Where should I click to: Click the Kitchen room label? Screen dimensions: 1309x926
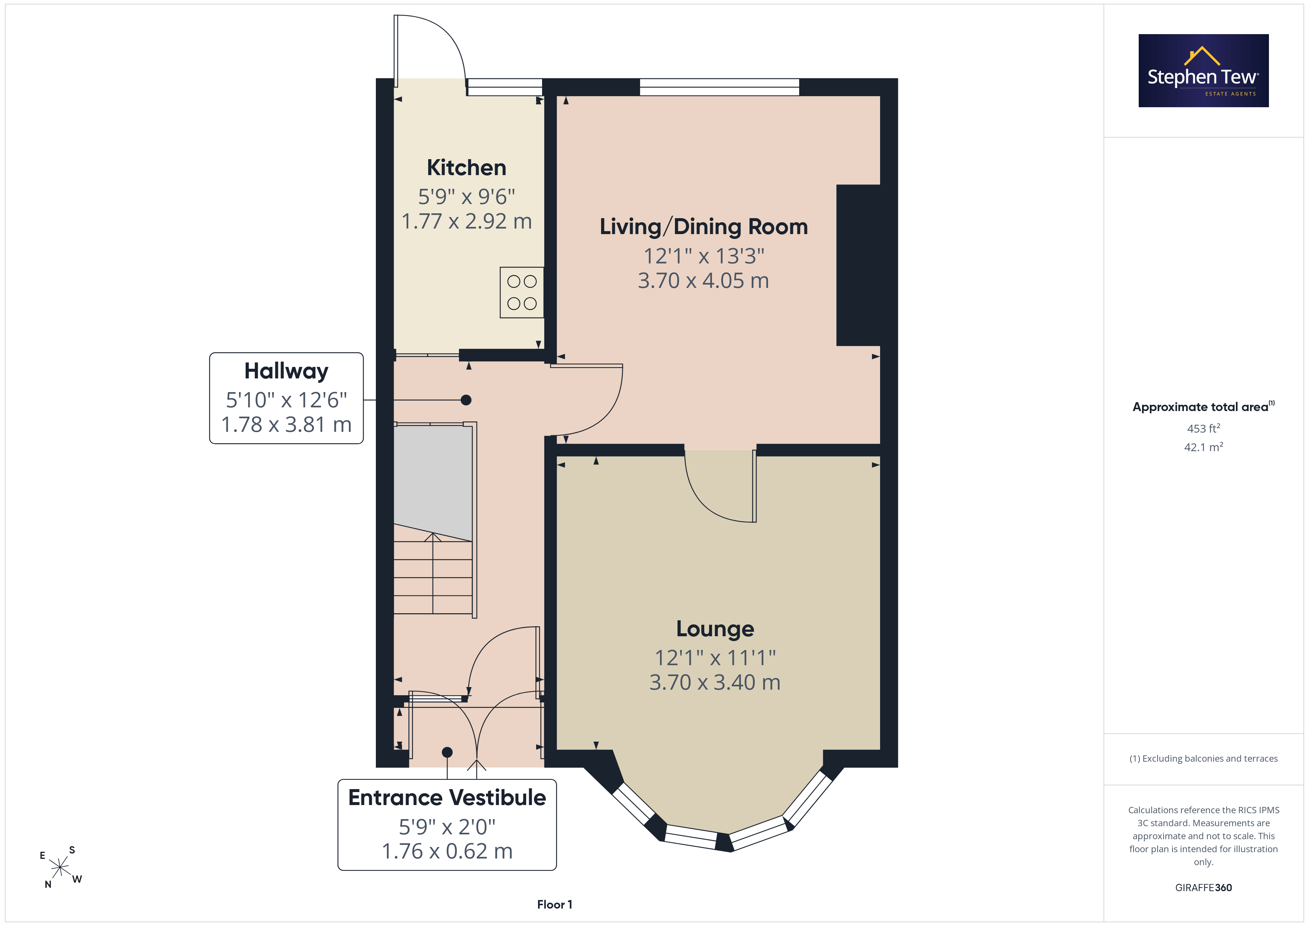pyautogui.click(x=466, y=168)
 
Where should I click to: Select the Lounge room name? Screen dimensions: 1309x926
pyautogui.click(x=715, y=629)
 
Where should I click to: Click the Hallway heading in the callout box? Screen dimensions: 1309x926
pyautogui.click(x=286, y=371)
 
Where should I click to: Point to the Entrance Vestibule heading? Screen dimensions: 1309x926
pyautogui.click(x=447, y=797)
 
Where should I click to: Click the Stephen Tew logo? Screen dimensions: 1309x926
pyautogui.click(x=1204, y=71)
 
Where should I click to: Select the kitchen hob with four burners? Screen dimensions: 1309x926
pyautogui.click(x=522, y=292)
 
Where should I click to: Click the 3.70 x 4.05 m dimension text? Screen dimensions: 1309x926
pyautogui.click(x=703, y=280)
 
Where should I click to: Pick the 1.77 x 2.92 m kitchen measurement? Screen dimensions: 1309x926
pyautogui.click(x=466, y=221)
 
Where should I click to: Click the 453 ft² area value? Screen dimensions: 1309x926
pyautogui.click(x=1204, y=428)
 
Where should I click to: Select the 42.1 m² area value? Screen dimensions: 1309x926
pyautogui.click(x=1204, y=447)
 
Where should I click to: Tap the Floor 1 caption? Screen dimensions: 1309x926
pyautogui.click(x=554, y=904)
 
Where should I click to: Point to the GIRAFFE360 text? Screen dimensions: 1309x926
pyautogui.click(x=1204, y=887)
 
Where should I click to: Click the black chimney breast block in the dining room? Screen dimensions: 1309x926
pyautogui.click(x=858, y=265)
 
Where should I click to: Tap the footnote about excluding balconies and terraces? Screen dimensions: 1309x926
pyautogui.click(x=1204, y=758)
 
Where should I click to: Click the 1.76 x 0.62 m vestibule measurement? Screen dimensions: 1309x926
pyautogui.click(x=447, y=851)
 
